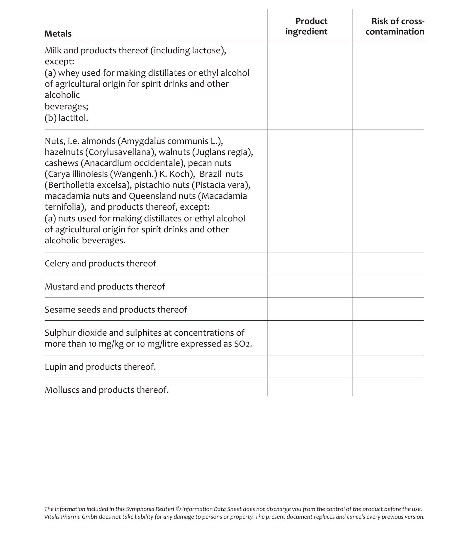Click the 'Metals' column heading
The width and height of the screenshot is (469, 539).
tap(58, 34)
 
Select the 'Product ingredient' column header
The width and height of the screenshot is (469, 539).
tap(306, 26)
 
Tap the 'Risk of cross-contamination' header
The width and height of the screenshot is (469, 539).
tap(395, 26)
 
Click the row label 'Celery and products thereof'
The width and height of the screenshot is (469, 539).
tap(100, 263)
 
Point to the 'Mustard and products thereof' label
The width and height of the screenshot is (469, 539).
tap(105, 286)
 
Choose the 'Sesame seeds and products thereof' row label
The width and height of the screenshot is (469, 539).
tap(116, 310)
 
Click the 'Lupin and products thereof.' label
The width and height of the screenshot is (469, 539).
tap(100, 367)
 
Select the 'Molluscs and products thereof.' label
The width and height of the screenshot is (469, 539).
tap(106, 390)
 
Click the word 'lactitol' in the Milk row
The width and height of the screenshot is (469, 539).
tap(73, 118)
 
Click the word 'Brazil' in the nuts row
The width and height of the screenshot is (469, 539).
tap(210, 174)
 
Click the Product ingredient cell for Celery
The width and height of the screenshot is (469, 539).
tap(310, 263)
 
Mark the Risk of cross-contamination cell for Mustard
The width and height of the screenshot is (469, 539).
tap(388, 286)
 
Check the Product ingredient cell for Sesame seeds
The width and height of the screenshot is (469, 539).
tap(310, 309)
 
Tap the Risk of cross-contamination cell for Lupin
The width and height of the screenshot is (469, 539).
tap(388, 367)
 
